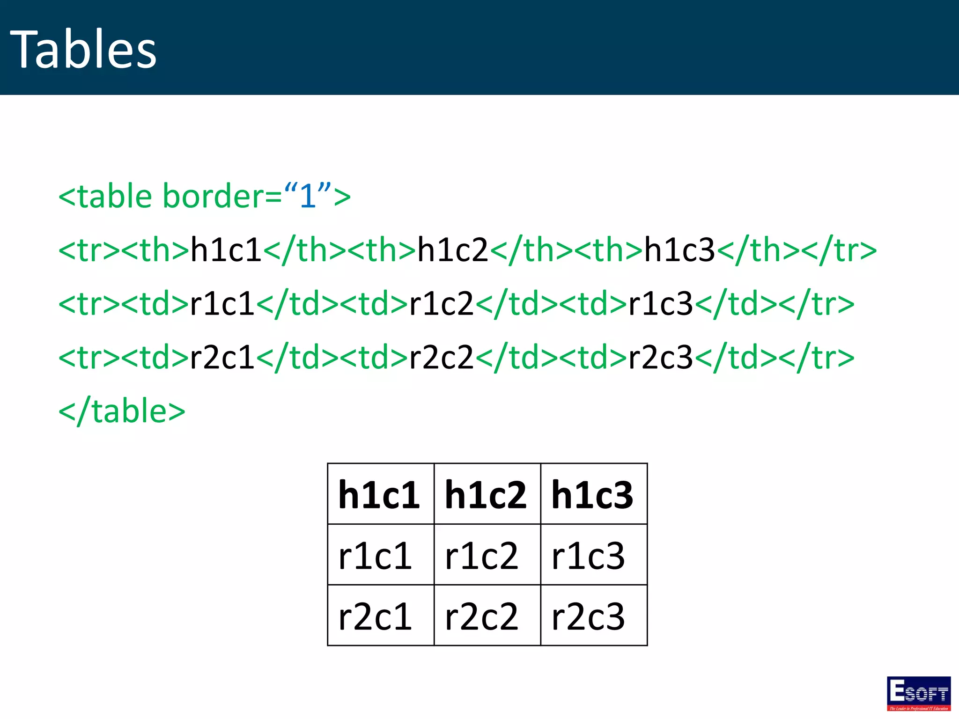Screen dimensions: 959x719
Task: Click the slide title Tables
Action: coord(83,50)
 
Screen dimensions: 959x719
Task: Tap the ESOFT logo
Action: coord(918,693)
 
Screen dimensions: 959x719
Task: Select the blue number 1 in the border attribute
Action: coord(307,196)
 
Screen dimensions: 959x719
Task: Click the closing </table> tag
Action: coord(122,411)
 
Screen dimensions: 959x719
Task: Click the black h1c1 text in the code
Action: coord(226,249)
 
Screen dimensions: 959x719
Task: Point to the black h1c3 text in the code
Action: coord(680,249)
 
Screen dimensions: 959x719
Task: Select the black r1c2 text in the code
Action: coord(442,303)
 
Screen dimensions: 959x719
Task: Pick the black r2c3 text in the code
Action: coord(660,357)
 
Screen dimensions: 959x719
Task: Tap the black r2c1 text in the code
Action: coord(222,357)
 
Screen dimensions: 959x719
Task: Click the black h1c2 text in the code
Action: coord(453,249)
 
